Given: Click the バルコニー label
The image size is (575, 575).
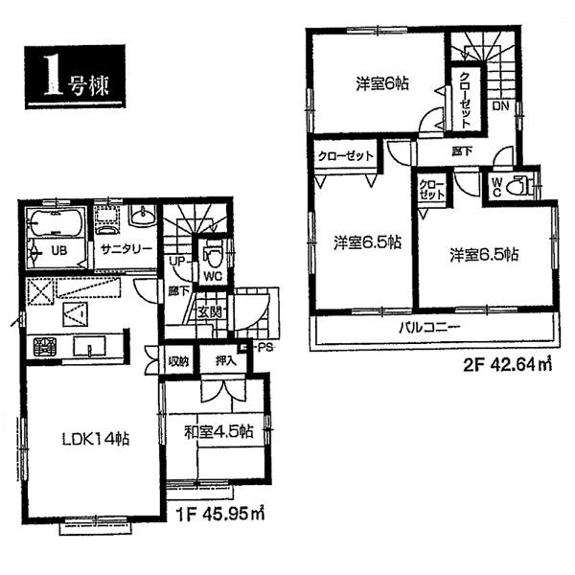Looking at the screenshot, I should pyautogui.click(x=431, y=328).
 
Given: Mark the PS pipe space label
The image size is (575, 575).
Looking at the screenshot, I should pyautogui.click(x=264, y=348).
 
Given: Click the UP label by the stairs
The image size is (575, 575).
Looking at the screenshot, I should pyautogui.click(x=176, y=261).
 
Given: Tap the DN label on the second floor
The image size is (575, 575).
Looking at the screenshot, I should pyautogui.click(x=500, y=106).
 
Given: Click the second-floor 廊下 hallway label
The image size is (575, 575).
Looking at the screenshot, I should pyautogui.click(x=464, y=150).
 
